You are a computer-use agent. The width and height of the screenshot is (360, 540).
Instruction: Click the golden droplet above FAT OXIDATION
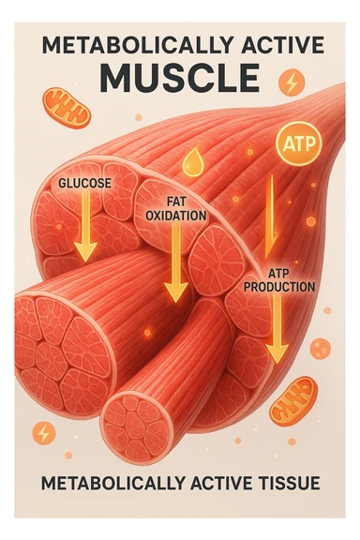(x=192, y=160)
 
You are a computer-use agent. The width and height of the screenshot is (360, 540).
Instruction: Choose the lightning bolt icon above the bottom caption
(x=44, y=432)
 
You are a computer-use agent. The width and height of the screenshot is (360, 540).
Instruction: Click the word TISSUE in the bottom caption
(x=287, y=484)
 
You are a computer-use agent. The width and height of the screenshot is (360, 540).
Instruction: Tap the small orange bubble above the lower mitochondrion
(x=320, y=349)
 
